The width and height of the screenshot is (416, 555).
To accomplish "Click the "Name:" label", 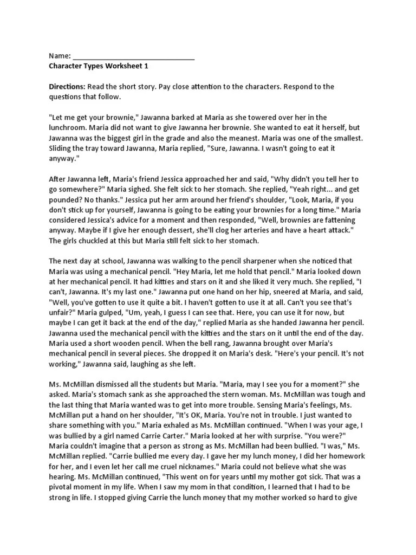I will [x=60, y=56].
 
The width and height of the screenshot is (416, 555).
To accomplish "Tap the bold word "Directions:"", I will [x=67, y=87].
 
